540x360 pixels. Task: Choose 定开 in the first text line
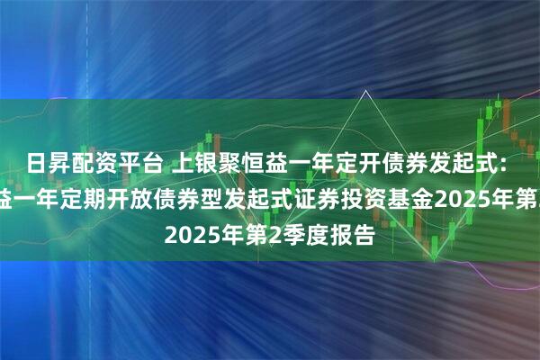click(x=350, y=164)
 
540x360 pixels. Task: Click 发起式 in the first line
click(x=454, y=164)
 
